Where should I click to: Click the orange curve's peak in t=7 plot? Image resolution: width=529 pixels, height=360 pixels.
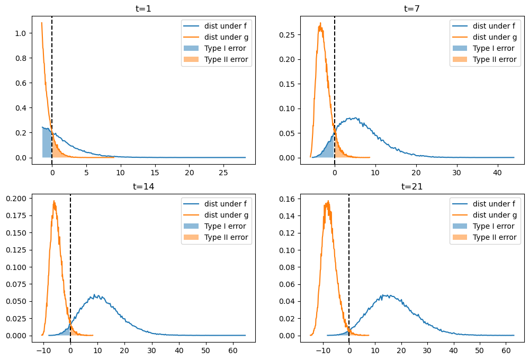click(x=320, y=23)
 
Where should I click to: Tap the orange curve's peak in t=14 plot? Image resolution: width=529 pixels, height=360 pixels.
click(x=54, y=201)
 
